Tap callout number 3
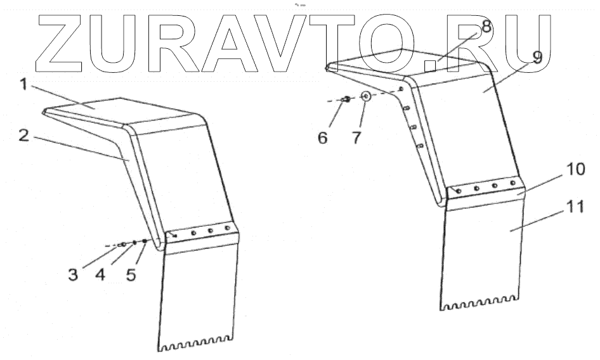pos(74,275)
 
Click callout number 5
pos(131,275)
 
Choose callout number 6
pos(323,137)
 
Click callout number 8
pos(486,27)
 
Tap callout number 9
pos(537,58)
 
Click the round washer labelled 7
pos(366,98)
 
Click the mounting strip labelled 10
pos(485,188)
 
